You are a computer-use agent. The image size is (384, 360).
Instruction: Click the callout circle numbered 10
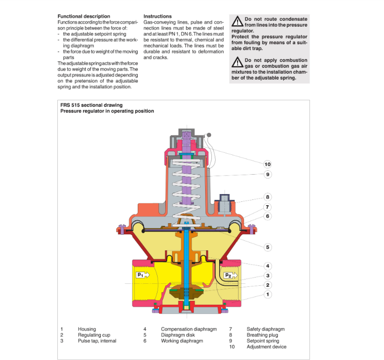(x=268, y=164)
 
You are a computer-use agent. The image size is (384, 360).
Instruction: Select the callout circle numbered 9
(x=268, y=174)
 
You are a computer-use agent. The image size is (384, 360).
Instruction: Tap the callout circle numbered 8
(x=267, y=197)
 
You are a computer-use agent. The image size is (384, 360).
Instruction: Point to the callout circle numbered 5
(x=268, y=247)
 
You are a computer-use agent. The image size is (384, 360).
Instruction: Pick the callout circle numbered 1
(x=268, y=294)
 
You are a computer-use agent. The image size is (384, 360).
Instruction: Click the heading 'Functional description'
(x=83, y=16)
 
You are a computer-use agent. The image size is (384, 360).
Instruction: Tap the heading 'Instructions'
(x=158, y=16)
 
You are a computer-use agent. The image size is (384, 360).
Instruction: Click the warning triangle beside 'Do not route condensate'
(x=237, y=21)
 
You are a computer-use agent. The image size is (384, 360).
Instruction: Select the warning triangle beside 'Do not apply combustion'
(x=237, y=62)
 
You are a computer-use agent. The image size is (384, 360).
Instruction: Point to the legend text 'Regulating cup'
(x=94, y=335)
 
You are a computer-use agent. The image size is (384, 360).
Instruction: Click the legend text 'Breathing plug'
(x=263, y=335)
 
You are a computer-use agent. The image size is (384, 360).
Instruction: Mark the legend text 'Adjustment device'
(x=266, y=346)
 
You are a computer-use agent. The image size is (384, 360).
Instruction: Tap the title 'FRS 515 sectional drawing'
(x=91, y=105)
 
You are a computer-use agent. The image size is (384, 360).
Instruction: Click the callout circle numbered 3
(x=268, y=276)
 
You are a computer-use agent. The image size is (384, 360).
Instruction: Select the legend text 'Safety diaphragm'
(x=265, y=329)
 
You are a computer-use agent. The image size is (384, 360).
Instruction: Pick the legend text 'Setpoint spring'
(x=264, y=341)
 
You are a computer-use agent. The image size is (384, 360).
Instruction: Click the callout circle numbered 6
(x=268, y=216)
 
